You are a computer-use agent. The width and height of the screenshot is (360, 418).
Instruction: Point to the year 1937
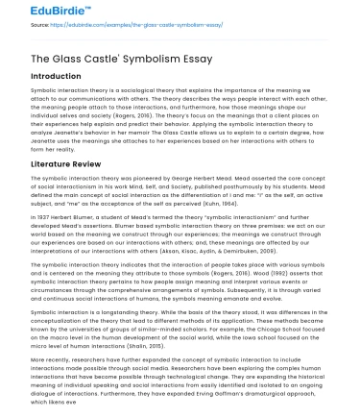pos(50,217)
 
